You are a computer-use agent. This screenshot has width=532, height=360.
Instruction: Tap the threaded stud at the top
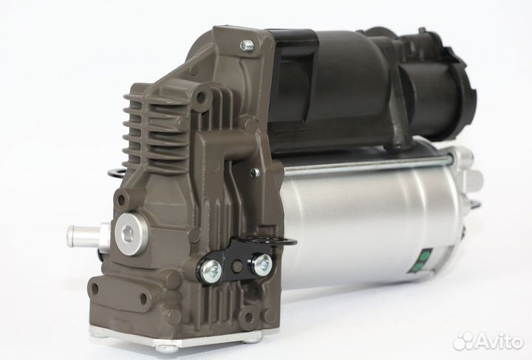[x=248, y=46]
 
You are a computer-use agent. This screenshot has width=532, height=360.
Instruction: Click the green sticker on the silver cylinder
[x=426, y=258]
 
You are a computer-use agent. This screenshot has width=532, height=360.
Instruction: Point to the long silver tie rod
[x=369, y=164]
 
